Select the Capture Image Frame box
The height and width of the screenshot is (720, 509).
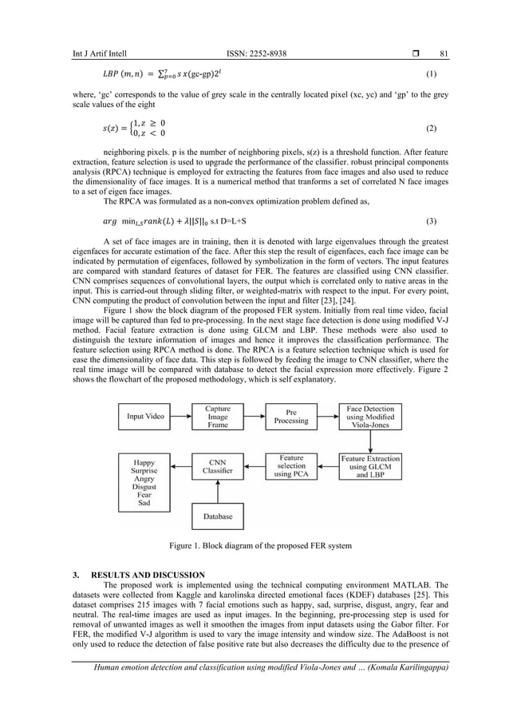point(217,417)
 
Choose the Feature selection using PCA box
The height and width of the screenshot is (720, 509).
point(290,466)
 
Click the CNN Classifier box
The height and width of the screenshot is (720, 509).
point(217,466)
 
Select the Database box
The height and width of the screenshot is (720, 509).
point(217,516)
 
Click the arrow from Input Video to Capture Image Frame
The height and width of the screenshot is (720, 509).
point(182,417)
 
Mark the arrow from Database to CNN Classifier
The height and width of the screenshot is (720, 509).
point(217,493)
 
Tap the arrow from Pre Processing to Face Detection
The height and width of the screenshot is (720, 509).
point(327,417)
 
